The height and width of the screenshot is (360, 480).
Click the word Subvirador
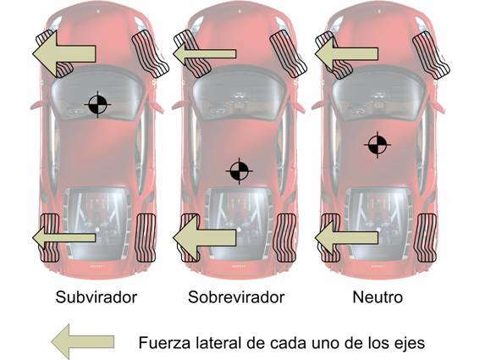(97, 296)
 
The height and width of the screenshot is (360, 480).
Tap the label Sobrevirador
(236, 296)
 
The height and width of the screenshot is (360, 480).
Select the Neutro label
(378, 296)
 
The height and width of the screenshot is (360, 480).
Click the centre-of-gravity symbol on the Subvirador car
(97, 104)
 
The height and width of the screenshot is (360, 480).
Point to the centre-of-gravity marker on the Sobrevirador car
(239, 171)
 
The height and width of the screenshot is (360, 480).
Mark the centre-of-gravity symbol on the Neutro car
(378, 145)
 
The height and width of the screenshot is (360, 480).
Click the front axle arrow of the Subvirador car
(64, 53)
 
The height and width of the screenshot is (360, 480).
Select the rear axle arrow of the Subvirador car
(64, 237)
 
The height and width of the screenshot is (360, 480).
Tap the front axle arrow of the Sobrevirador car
(205, 54)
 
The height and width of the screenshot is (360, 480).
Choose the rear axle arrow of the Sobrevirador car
(205, 237)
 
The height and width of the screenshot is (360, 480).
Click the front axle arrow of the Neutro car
(346, 54)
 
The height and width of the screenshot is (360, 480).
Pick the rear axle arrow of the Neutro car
(346, 237)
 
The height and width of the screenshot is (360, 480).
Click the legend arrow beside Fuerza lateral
(83, 341)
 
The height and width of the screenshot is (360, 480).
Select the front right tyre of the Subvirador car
(151, 53)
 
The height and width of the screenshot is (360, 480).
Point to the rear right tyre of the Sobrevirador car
(286, 238)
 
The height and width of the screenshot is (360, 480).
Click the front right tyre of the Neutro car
(431, 55)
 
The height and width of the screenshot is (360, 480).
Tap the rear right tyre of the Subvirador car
(146, 238)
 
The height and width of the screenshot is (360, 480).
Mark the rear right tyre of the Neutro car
(425, 238)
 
